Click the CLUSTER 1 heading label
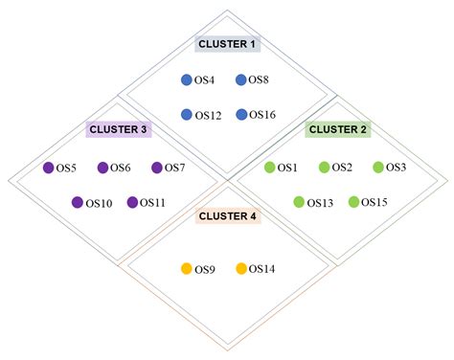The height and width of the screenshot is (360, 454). [x=226, y=43]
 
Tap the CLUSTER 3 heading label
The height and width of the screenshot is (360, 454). [x=117, y=128]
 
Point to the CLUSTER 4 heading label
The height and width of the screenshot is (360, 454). [x=227, y=216]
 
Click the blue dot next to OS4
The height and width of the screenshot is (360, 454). [x=187, y=80]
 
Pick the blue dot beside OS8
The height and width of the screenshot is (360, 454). [x=241, y=80]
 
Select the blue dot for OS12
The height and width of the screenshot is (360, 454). [x=187, y=115]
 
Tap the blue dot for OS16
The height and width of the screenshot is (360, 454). [x=241, y=115]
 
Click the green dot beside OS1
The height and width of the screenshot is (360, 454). [x=269, y=168]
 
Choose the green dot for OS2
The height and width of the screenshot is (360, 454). [x=324, y=168]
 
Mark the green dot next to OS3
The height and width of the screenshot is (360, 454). [x=378, y=168]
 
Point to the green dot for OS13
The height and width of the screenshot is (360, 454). [x=299, y=202]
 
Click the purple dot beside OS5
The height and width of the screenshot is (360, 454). [x=48, y=168]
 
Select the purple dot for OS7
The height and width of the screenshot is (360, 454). [x=156, y=168]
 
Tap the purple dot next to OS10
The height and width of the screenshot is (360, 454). [x=78, y=202]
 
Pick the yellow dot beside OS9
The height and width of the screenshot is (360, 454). [x=187, y=269]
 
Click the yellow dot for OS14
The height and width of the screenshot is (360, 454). [x=241, y=269]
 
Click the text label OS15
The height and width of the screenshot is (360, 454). [x=375, y=203]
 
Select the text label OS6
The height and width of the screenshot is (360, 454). [x=121, y=169]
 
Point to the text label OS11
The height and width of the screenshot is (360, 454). [x=152, y=203]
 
